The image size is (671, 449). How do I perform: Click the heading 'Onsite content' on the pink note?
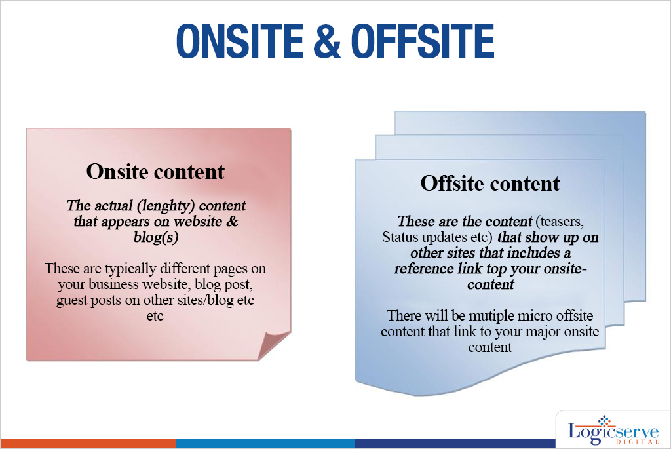(x=155, y=171)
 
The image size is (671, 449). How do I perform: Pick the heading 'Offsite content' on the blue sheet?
(x=490, y=183)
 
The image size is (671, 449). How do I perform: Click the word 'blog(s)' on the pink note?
(x=156, y=237)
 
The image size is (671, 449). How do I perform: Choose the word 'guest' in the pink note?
(x=72, y=300)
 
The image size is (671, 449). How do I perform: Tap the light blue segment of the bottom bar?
(x=265, y=444)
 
